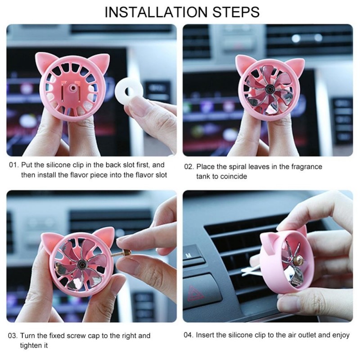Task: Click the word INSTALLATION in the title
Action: point(156,12)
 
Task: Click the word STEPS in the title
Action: point(236,12)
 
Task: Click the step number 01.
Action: point(13,165)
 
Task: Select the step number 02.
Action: point(189,166)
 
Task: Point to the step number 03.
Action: point(13,336)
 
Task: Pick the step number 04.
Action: point(188,335)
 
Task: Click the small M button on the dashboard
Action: point(189,255)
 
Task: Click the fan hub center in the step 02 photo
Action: point(269,88)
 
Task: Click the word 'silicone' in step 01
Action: point(58,165)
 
